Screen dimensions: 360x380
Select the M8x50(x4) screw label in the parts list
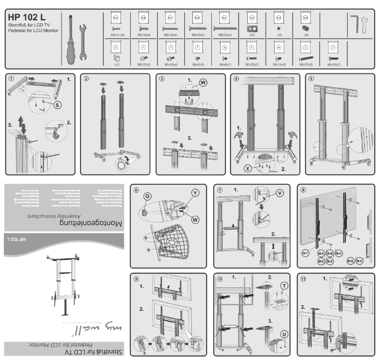(225, 35)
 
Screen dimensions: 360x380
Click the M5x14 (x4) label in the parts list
(118, 35)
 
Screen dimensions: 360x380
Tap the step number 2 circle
(86, 79)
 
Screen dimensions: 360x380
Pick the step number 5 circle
(310, 79)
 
